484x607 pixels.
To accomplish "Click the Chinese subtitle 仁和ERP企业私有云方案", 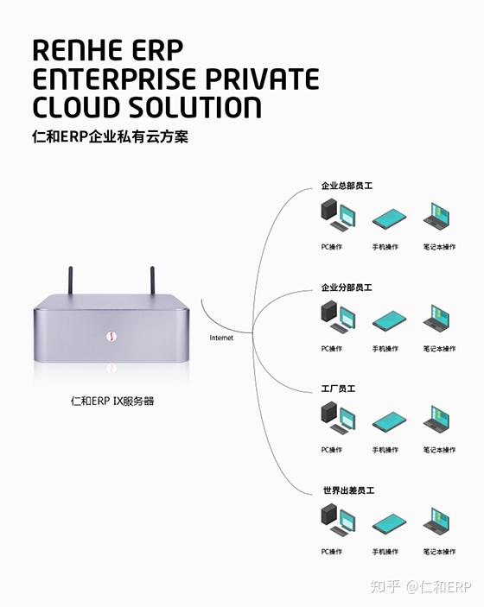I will (x=110, y=137).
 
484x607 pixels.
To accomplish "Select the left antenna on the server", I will (x=72, y=282).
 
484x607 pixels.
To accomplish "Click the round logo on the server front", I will (x=111, y=336).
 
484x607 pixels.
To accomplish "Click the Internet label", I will (x=221, y=338).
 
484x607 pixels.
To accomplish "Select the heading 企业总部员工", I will (x=346, y=186).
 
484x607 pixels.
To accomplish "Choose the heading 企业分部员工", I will (x=346, y=288).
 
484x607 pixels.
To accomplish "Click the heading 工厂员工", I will (x=339, y=389).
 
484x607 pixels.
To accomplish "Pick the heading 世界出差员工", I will (x=346, y=490).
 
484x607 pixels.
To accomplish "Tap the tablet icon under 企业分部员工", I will (x=386, y=319).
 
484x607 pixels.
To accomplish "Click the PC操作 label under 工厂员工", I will (x=332, y=450).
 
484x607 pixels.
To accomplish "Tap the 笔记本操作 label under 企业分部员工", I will (x=439, y=349).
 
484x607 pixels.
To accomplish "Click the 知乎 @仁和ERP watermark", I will (x=420, y=588).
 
